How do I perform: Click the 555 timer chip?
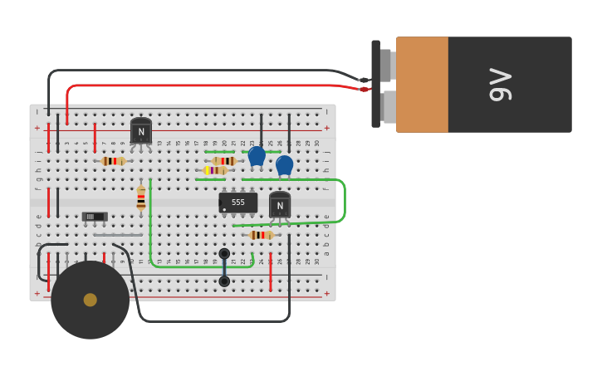pyautogui.click(x=238, y=203)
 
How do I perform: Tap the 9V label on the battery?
pyautogui.click(x=501, y=85)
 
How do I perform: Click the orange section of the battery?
pyautogui.click(x=422, y=85)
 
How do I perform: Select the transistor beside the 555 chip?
pyautogui.click(x=280, y=205)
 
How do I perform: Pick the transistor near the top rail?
pyautogui.click(x=141, y=131)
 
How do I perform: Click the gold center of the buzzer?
pyautogui.click(x=91, y=300)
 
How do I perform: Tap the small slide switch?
pyautogui.click(x=95, y=217)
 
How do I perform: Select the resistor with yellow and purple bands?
pyautogui.click(x=215, y=170)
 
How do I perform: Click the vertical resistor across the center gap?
pyautogui.click(x=141, y=198)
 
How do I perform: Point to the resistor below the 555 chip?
pyautogui.click(x=261, y=235)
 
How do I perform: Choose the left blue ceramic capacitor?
pyautogui.click(x=257, y=155)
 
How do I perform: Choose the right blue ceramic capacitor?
pyautogui.click(x=285, y=164)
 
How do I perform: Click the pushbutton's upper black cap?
pyautogui.click(x=224, y=254)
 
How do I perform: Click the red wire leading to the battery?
pyautogui.click(x=208, y=85)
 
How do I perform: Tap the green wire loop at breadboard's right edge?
pyautogui.click(x=342, y=200)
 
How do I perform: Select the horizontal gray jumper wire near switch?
pyautogui.click(x=117, y=235)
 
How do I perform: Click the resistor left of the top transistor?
pyautogui.click(x=113, y=161)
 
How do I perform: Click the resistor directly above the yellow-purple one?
pyautogui.click(x=224, y=161)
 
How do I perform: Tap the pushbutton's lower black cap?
pyautogui.click(x=224, y=281)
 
